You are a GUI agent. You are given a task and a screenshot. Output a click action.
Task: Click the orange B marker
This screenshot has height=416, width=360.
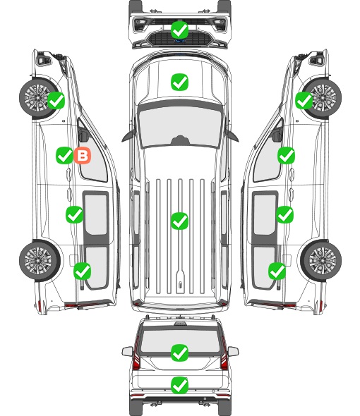83,155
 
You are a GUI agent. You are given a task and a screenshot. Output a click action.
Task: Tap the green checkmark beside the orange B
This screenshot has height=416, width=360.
64,155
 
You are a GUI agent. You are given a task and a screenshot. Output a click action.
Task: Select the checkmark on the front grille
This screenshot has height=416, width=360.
180,30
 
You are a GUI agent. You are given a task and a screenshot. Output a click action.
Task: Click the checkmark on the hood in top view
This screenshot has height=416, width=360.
180,82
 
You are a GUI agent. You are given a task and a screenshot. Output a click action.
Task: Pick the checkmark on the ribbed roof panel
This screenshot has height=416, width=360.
180,221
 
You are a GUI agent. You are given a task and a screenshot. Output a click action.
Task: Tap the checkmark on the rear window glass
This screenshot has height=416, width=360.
180,353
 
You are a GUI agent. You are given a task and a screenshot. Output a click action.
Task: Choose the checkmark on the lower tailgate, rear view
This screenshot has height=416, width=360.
180,385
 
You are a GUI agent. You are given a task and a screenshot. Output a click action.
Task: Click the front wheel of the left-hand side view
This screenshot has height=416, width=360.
40,97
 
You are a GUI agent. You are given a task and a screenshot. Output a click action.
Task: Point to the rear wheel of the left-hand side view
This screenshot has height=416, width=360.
40,260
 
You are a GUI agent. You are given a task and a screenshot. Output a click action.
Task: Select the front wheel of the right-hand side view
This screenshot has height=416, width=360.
321,98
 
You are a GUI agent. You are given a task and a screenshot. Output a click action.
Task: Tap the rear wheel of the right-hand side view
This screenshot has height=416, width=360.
321,260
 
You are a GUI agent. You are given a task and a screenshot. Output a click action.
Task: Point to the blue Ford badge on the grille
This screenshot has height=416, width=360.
180,41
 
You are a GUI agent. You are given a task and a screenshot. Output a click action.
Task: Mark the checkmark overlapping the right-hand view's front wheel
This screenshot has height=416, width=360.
304,101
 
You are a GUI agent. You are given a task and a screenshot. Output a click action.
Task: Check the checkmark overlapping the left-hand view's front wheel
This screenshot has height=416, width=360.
56,101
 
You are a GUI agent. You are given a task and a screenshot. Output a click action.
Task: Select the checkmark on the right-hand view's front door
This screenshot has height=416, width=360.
286,155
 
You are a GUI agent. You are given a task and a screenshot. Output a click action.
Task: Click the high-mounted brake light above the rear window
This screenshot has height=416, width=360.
180,324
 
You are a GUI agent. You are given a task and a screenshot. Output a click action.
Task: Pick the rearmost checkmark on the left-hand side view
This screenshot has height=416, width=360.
83,271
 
